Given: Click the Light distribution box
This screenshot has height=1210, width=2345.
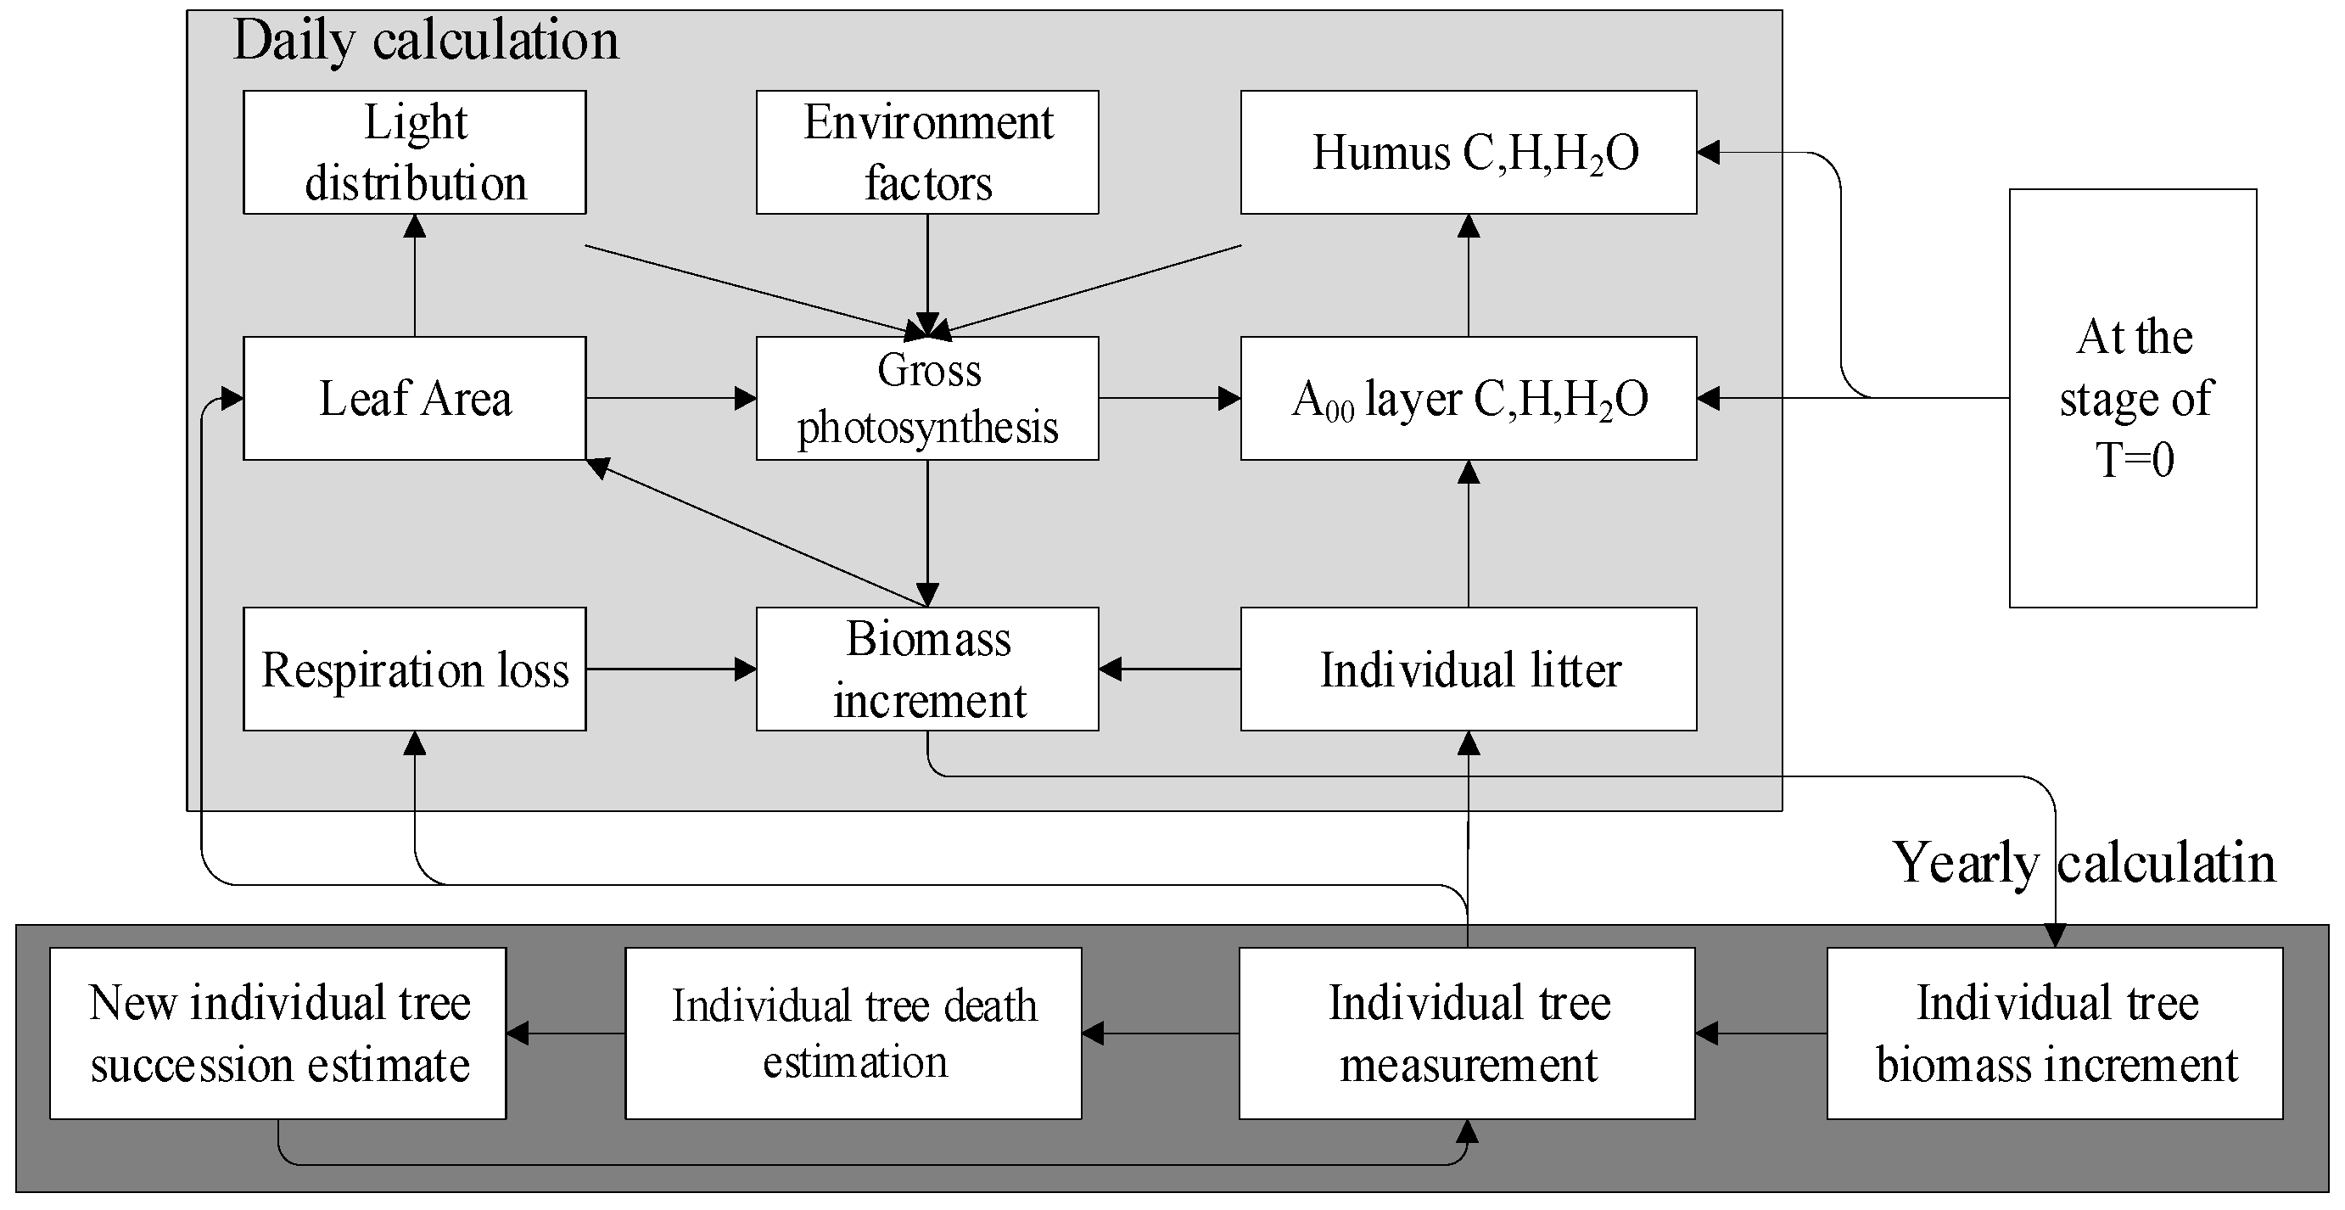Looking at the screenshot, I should coord(414,152).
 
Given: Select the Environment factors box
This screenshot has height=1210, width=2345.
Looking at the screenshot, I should coord(926,152).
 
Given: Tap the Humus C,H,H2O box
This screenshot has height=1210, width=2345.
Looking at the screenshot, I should coord(1468,152).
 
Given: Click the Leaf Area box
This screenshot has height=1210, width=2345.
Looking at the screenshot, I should coord(414,398).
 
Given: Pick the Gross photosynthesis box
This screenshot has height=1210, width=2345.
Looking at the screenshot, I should coord(926,398).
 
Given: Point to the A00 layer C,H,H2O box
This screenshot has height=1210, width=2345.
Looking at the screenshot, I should coord(1468,398).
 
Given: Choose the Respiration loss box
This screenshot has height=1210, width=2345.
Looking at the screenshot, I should coord(414,669).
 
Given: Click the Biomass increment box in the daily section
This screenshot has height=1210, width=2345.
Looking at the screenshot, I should coord(926,669).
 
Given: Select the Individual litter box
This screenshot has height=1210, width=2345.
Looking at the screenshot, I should coord(1468,669).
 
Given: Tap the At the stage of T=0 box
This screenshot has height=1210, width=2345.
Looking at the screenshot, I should coord(2133,398).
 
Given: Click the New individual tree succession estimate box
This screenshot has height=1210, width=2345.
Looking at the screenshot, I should coord(277,1034).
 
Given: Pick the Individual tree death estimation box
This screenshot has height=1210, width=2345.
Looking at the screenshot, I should coord(853,1034).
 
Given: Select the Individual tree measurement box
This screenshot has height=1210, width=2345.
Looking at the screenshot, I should coord(1467,1034).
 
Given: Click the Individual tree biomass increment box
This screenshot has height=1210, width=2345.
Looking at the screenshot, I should coord(2055,1034).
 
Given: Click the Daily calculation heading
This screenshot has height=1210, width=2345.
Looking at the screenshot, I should coord(425,41).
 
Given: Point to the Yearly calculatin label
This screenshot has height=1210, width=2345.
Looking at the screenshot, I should coord(2083,862).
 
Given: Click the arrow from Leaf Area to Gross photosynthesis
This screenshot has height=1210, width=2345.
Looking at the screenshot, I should coord(671,398).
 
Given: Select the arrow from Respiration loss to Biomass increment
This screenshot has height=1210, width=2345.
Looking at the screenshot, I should coord(671,669).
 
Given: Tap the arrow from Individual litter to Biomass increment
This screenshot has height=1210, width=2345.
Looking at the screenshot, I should coord(1170,669).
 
